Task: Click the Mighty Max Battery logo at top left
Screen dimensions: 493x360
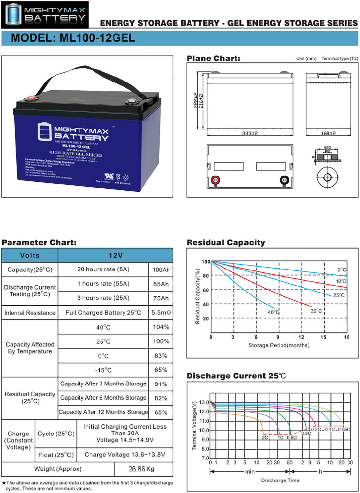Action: click(45, 15)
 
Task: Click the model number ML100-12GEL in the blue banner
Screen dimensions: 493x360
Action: click(73, 38)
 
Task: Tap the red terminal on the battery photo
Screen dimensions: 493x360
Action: click(32, 98)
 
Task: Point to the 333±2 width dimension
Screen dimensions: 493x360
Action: click(250, 133)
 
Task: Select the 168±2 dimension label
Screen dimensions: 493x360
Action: click(328, 133)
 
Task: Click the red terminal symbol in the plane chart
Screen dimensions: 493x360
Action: click(215, 180)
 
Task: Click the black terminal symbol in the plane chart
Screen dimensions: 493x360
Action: click(284, 180)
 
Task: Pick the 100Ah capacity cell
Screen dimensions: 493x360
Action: click(161, 270)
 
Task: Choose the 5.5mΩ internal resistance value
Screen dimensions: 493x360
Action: click(161, 313)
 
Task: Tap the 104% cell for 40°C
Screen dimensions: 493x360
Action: click(161, 327)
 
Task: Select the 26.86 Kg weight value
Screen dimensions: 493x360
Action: click(142, 469)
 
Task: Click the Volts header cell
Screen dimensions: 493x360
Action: click(30, 255)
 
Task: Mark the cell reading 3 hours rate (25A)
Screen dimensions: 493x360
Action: click(103, 298)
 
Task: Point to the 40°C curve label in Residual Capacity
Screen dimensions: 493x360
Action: click(273, 312)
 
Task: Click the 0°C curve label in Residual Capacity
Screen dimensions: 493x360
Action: click(342, 270)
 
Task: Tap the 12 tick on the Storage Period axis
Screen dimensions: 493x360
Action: click(301, 337)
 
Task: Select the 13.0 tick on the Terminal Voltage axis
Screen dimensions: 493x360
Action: click(204, 402)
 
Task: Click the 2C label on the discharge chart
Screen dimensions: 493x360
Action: click(265, 438)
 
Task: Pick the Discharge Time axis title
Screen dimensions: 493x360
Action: click(280, 480)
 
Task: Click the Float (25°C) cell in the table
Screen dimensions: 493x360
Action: click(56, 455)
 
